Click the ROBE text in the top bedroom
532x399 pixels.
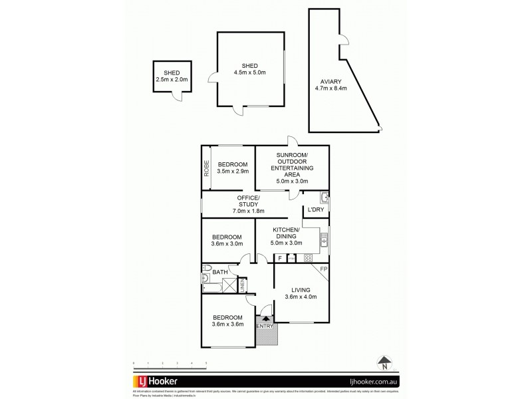pyautogui.click(x=207, y=168)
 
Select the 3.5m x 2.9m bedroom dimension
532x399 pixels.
pyautogui.click(x=233, y=172)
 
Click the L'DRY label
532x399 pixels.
pyautogui.click(x=315, y=209)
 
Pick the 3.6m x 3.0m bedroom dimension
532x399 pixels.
pyautogui.click(x=227, y=244)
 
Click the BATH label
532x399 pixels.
pyautogui.click(x=220, y=272)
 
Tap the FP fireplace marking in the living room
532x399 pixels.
pyautogui.click(x=323, y=269)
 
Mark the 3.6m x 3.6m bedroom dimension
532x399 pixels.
pyautogui.click(x=227, y=325)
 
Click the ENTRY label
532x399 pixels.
pyautogui.click(x=264, y=326)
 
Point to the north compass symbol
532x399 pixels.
pyautogui.click(x=384, y=363)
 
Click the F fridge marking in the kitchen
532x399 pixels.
pyautogui.click(x=280, y=257)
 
